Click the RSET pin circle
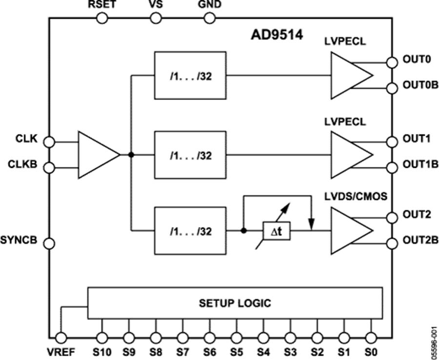coord(102,19)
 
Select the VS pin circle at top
coord(156,19)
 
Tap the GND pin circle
coord(209,19)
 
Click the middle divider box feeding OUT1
coord(190,155)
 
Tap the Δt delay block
coord(277,231)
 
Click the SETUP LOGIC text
coord(235,303)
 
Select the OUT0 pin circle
coord(391,62)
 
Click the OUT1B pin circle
coord(391,168)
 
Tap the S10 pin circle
coord(102,337)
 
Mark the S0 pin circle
coord(371,337)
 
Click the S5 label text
coord(236,351)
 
